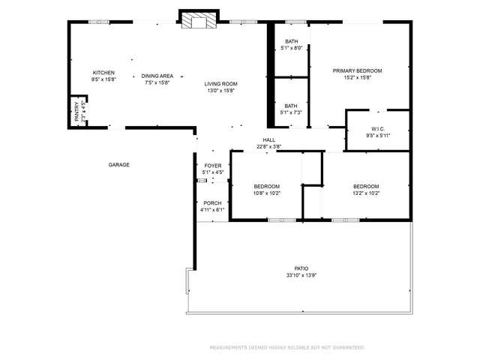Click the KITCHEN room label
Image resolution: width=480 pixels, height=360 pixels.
click(x=103, y=73)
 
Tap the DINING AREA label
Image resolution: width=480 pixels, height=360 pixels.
click(x=157, y=76)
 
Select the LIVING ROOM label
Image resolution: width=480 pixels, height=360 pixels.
click(x=221, y=84)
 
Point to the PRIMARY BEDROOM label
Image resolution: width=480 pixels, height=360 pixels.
click(x=358, y=71)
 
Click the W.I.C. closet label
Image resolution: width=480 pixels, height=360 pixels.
click(x=377, y=128)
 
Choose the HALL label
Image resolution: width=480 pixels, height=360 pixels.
click(x=268, y=140)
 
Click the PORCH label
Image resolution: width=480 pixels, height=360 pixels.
click(x=212, y=203)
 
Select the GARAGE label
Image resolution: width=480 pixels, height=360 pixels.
click(x=118, y=164)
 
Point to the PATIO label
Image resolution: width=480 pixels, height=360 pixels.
click(x=301, y=268)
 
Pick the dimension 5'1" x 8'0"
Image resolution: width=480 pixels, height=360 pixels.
click(x=291, y=49)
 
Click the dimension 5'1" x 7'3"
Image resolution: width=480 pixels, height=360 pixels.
click(x=291, y=112)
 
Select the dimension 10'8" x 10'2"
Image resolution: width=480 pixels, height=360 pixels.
click(x=266, y=193)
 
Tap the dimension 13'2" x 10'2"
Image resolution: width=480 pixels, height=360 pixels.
click(x=366, y=193)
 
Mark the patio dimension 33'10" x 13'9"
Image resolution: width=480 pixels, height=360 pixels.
click(x=301, y=275)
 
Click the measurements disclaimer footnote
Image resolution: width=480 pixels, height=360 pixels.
click(x=287, y=347)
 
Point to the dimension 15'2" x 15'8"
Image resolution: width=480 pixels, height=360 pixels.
click(x=358, y=78)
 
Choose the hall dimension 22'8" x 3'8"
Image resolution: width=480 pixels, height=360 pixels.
click(x=268, y=147)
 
